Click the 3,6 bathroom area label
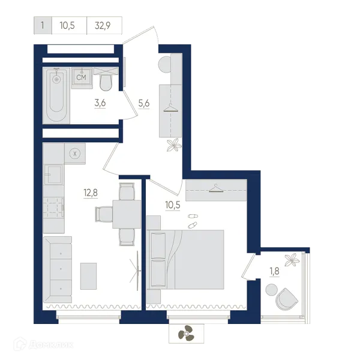point(100,103)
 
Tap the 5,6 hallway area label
point(144,104)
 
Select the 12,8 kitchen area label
point(91,193)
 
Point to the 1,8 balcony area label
point(274,271)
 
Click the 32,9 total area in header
point(103,25)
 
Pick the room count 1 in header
point(43,25)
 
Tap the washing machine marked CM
point(82,78)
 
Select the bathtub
point(56,95)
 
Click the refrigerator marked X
point(75,154)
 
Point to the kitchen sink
point(54,174)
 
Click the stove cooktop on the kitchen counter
point(54,208)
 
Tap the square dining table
point(127,214)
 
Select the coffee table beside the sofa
point(88,276)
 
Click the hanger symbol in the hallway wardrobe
point(171,108)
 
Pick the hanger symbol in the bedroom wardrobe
point(216,188)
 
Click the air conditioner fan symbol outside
point(186,333)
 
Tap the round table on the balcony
point(271,290)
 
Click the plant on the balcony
point(292,260)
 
